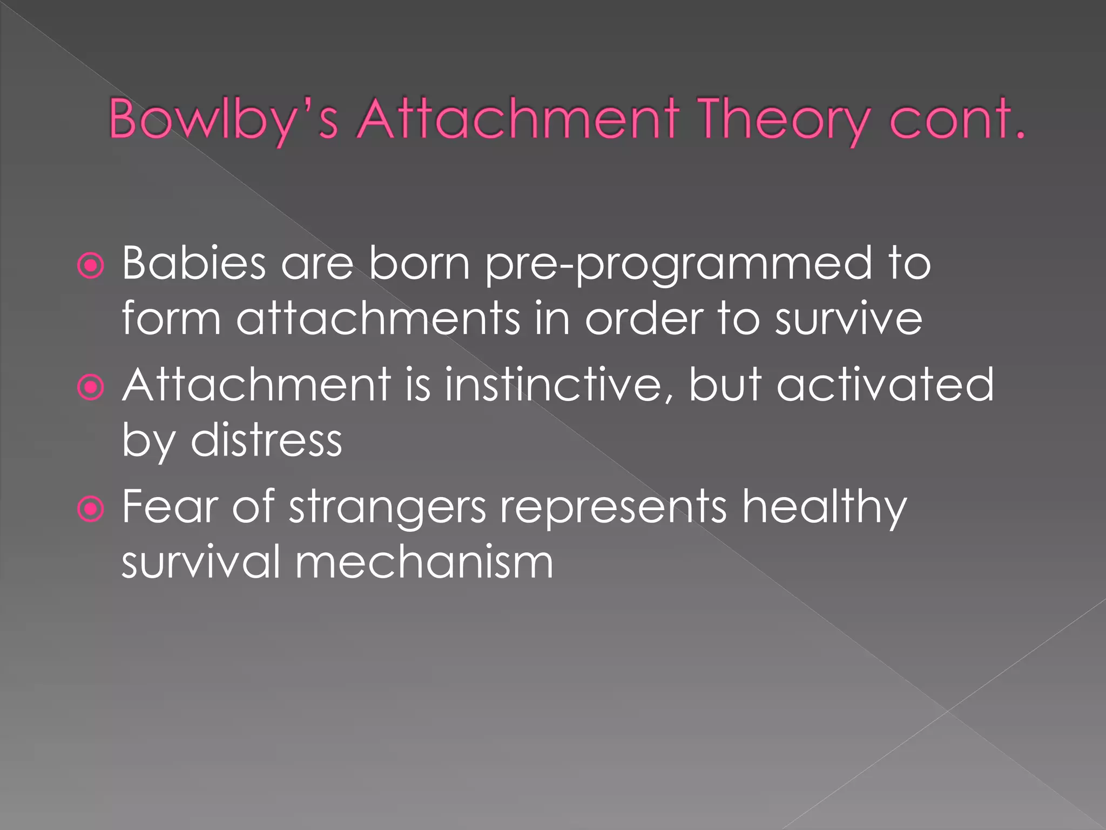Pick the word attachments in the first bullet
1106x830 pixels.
[378, 318]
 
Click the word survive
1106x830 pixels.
[848, 319]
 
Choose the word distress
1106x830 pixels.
[266, 440]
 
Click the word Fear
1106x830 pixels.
[168, 506]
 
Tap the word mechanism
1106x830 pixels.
[424, 562]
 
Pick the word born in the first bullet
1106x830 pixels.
[420, 263]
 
